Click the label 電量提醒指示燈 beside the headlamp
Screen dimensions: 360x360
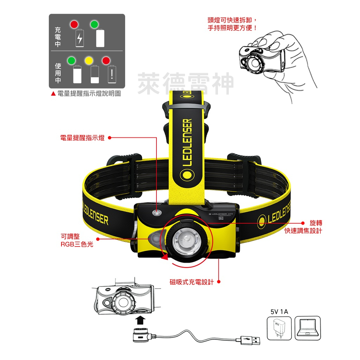pyautogui.click(x=82, y=138)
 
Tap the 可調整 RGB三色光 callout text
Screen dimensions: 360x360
pyautogui.click(x=77, y=240)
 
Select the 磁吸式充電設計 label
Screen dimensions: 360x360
pyautogui.click(x=192, y=282)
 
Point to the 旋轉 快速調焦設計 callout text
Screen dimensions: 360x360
pyautogui.click(x=303, y=227)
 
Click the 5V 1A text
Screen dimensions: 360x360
pyautogui.click(x=279, y=311)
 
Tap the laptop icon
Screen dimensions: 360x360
pyautogui.click(x=307, y=328)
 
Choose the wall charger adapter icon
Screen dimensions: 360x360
pyautogui.click(x=279, y=328)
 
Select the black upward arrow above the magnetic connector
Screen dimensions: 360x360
pyautogui.click(x=140, y=320)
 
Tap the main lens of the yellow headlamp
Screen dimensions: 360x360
pyautogui.click(x=186, y=241)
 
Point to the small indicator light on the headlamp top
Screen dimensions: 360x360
pyautogui.click(x=157, y=212)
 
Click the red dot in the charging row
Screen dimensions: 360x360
pyautogui.click(x=74, y=25)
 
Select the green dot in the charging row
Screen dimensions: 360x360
pyautogui.click(x=94, y=25)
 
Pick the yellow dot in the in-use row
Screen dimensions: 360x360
pyautogui.click(x=88, y=60)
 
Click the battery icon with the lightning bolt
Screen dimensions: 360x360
pyautogui.click(x=80, y=38)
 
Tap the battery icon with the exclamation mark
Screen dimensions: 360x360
pyautogui.click(x=112, y=74)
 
